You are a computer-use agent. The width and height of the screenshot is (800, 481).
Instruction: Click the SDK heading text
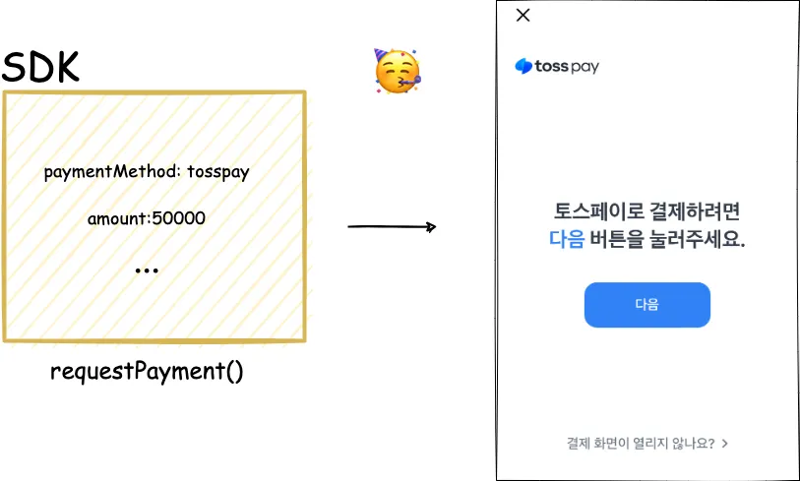(40, 67)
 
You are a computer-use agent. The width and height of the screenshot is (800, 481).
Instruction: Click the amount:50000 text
(147, 218)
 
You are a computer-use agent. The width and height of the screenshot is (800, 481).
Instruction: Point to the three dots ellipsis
(147, 270)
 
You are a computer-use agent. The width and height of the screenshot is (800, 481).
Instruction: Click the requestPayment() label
(147, 372)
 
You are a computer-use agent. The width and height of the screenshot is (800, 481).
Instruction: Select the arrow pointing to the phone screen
(392, 227)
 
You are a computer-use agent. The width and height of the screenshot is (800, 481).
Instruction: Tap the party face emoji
(397, 72)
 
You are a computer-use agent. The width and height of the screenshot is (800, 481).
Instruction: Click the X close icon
(523, 15)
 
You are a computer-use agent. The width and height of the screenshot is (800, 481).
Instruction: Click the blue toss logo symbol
(523, 67)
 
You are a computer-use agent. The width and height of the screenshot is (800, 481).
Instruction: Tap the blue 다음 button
(646, 304)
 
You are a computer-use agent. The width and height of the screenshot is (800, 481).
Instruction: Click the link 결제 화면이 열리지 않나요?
(641, 443)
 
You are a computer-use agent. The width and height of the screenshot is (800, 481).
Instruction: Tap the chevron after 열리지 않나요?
(725, 443)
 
